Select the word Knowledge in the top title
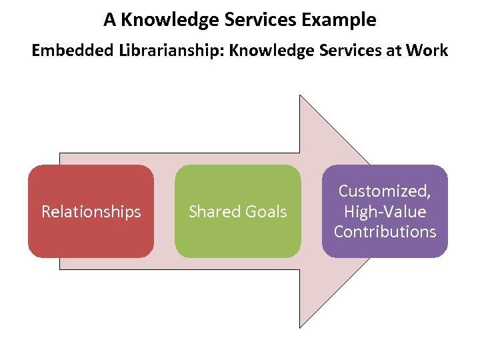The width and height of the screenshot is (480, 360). coord(157,20)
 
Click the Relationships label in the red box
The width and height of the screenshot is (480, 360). coord(91,212)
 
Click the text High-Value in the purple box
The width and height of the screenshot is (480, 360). coord(385,212)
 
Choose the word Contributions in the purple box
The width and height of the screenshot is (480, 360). coord(385,232)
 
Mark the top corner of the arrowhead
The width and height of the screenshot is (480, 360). coord(300,95)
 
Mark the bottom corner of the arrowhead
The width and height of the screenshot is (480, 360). coord(300,327)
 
